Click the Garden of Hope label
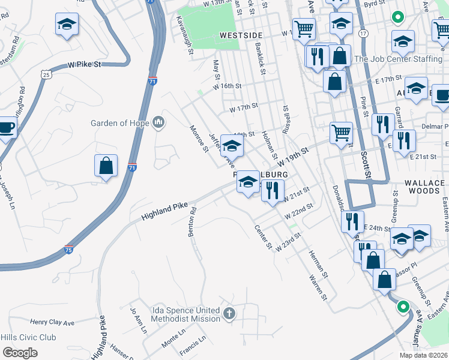[x=119, y=123]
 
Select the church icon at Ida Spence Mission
[x=229, y=313]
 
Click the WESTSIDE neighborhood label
[x=242, y=35]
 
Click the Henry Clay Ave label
[x=52, y=323]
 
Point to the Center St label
[x=264, y=238]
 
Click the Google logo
[x=20, y=352]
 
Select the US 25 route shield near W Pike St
[x=46, y=74]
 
